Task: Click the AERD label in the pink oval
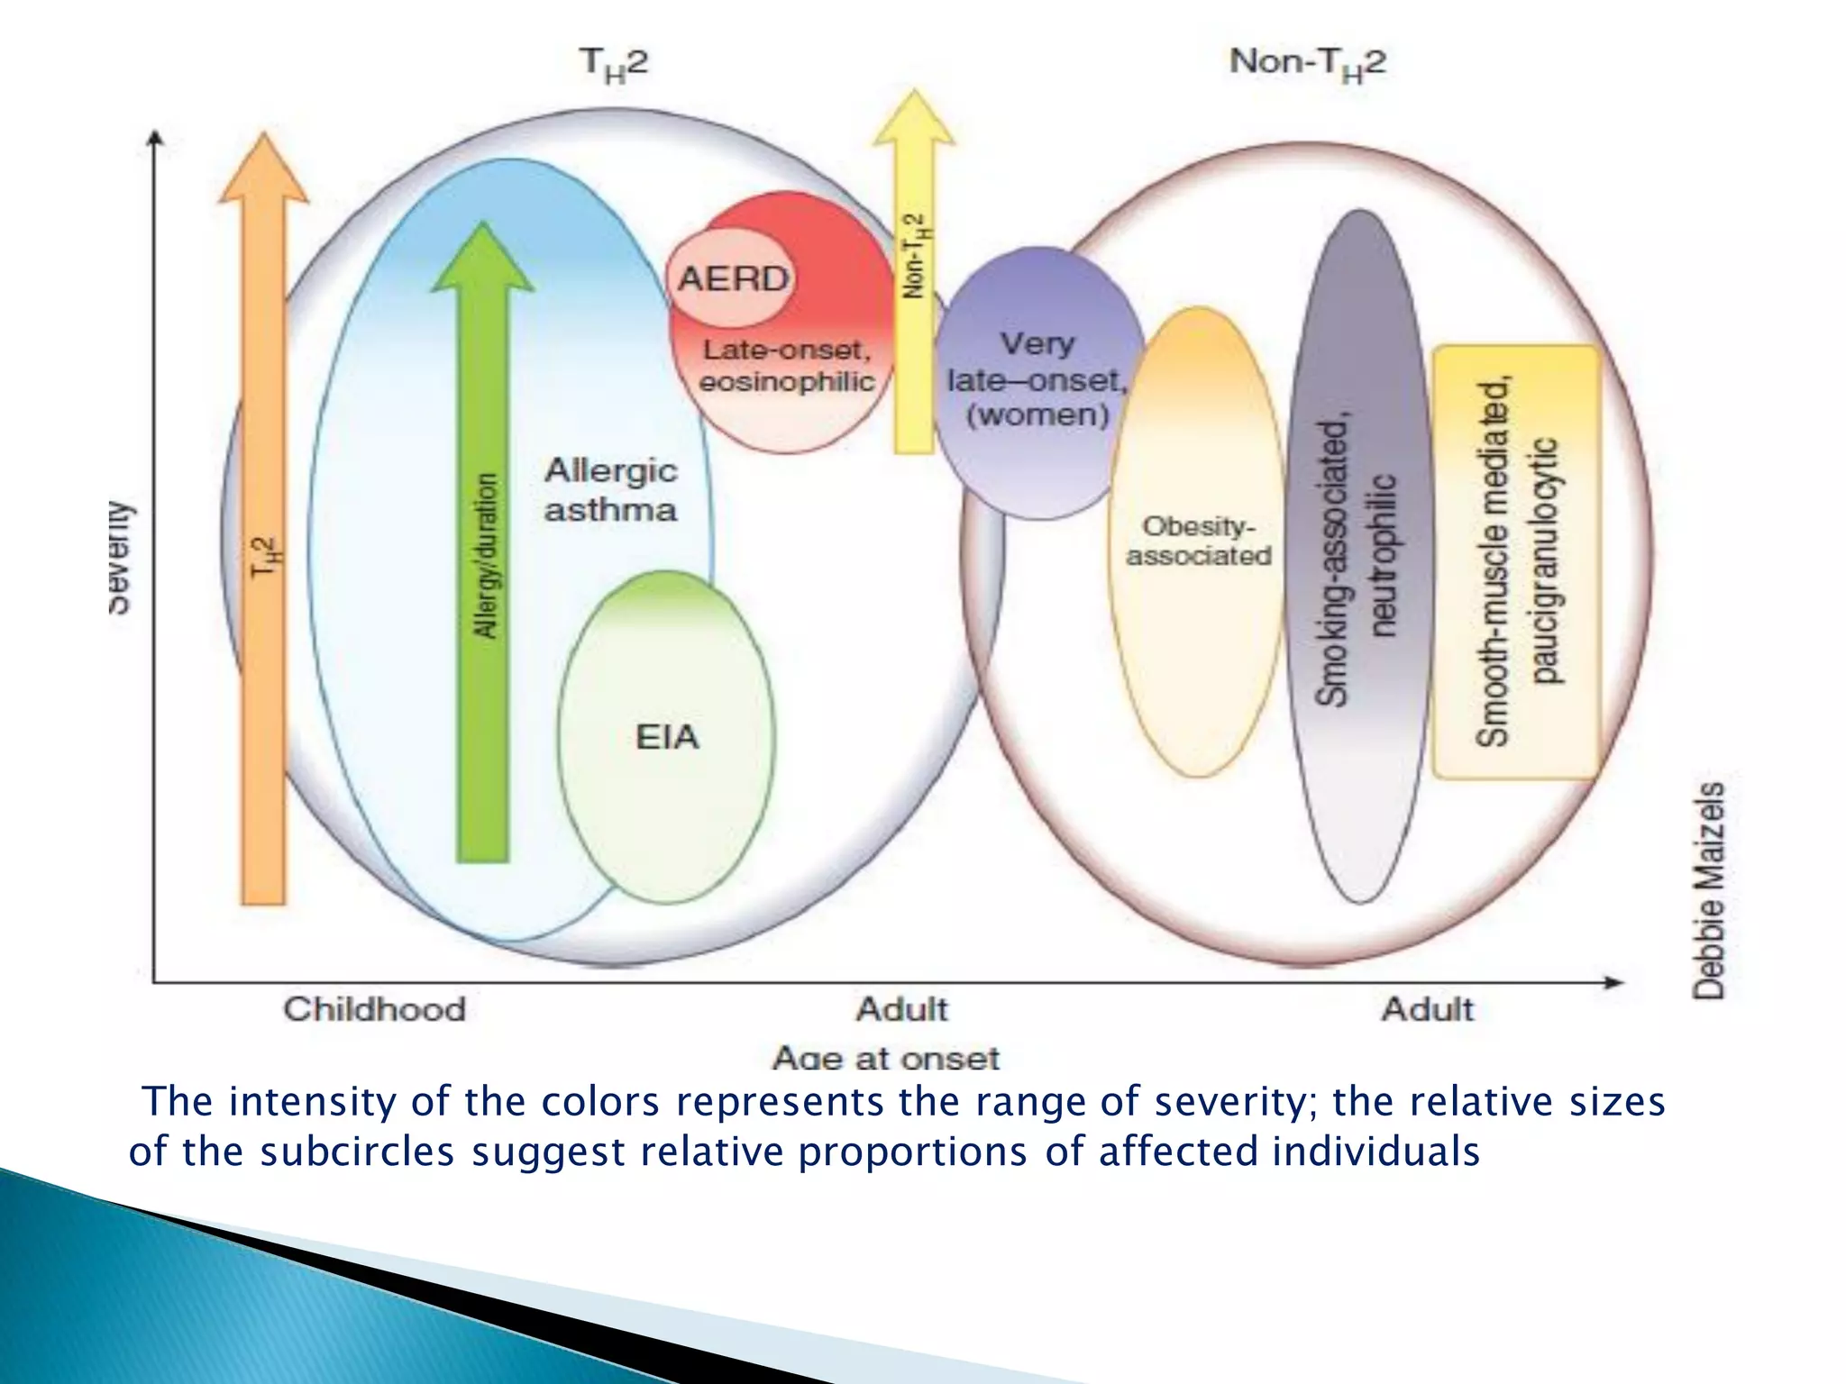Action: (732, 278)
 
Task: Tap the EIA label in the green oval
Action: (667, 737)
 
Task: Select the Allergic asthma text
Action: (610, 490)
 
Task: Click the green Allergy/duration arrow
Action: (483, 559)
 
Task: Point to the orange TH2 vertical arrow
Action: (263, 541)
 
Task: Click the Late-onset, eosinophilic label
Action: (786, 366)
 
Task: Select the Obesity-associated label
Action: (1198, 541)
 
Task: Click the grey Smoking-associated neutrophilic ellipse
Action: (1360, 559)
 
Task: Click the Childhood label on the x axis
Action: (374, 1009)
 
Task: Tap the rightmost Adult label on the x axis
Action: (1427, 1009)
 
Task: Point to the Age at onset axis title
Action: (885, 1057)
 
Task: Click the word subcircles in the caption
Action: (357, 1152)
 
